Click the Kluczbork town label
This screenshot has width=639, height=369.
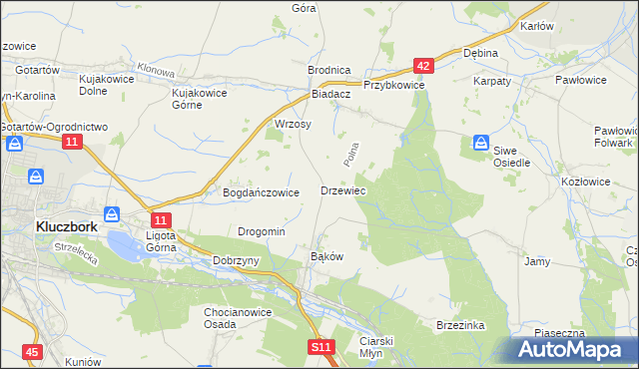pyautogui.click(x=66, y=225)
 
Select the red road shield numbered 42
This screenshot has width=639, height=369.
pyautogui.click(x=423, y=66)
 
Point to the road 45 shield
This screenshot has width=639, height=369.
pyautogui.click(x=33, y=352)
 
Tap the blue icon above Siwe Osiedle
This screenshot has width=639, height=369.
pyautogui.click(x=481, y=143)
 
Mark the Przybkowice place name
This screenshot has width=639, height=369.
pyautogui.click(x=394, y=86)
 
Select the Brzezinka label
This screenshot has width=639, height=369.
pyautogui.click(x=459, y=325)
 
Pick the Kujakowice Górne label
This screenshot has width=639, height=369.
pyautogui.click(x=200, y=99)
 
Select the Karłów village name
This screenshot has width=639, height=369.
pyautogui.click(x=537, y=26)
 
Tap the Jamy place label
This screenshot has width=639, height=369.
pyautogui.click(x=537, y=261)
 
